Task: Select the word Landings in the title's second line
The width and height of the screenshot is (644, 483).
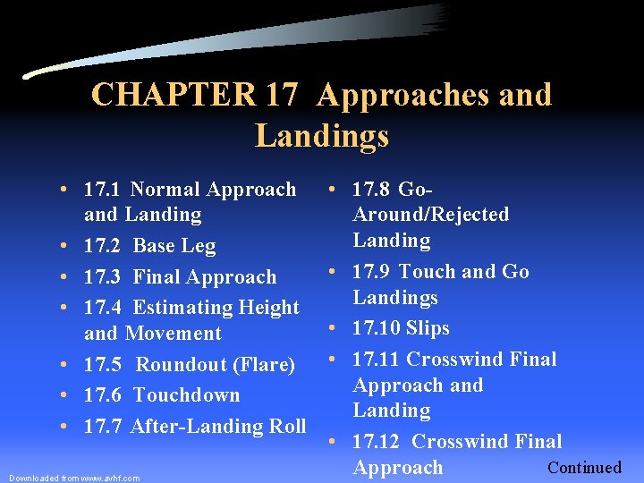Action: pos(322,136)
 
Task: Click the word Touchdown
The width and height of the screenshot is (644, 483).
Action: pos(186,395)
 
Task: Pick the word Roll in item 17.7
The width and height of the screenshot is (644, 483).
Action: pos(286,427)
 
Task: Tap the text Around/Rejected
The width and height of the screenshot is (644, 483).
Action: pos(431,215)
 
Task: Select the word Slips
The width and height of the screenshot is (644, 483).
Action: pos(428,328)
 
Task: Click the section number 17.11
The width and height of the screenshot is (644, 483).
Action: pos(376,360)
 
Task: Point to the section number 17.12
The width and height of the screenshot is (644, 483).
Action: pos(377,442)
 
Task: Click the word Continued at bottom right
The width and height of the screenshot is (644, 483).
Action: pos(584,468)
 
